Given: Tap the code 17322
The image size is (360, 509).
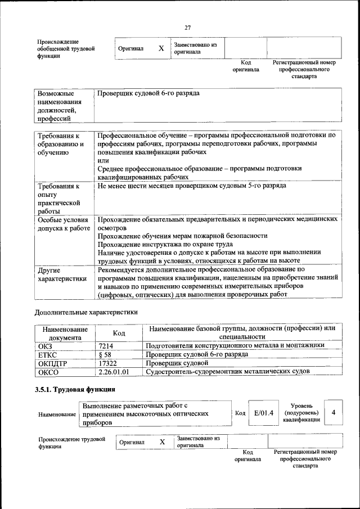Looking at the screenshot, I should pos(107,363).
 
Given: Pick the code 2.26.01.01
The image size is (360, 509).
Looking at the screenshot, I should pos(114,372).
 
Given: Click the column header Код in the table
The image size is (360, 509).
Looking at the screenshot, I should pos(119,333).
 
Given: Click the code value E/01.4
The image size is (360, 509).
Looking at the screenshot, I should pos(263,413).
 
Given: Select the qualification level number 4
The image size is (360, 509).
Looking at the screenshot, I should pos(334,413).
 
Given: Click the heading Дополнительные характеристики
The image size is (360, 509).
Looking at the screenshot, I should pos(85,312).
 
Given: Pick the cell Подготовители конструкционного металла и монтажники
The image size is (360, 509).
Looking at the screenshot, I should pos(235,345).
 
